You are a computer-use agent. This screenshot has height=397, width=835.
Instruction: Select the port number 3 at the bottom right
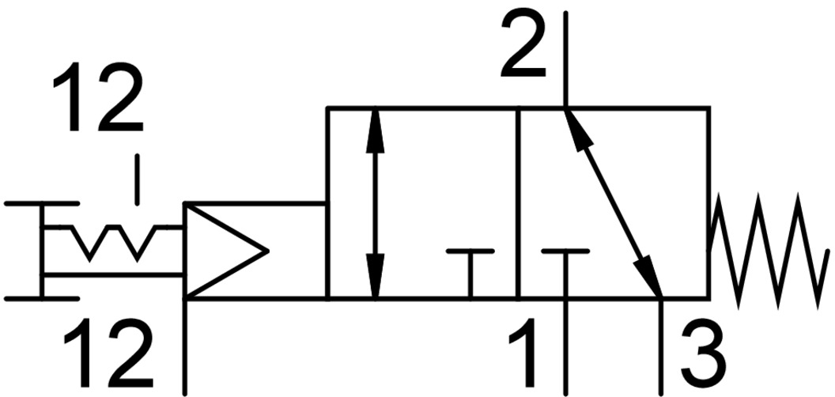tap(703, 357)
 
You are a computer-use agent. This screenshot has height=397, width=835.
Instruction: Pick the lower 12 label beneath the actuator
tap(107, 356)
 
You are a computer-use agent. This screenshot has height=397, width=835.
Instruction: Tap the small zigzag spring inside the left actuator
tap(115, 240)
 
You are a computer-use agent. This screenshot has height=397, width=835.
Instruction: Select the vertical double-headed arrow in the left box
tap(376, 203)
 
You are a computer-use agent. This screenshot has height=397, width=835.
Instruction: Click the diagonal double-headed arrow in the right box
tap(614, 203)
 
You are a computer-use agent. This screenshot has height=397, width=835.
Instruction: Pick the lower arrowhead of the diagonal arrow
tap(652, 280)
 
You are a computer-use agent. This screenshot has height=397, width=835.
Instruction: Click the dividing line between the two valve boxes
tap(517, 203)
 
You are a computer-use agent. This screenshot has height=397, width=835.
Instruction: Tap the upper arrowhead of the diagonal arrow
tap(576, 127)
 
